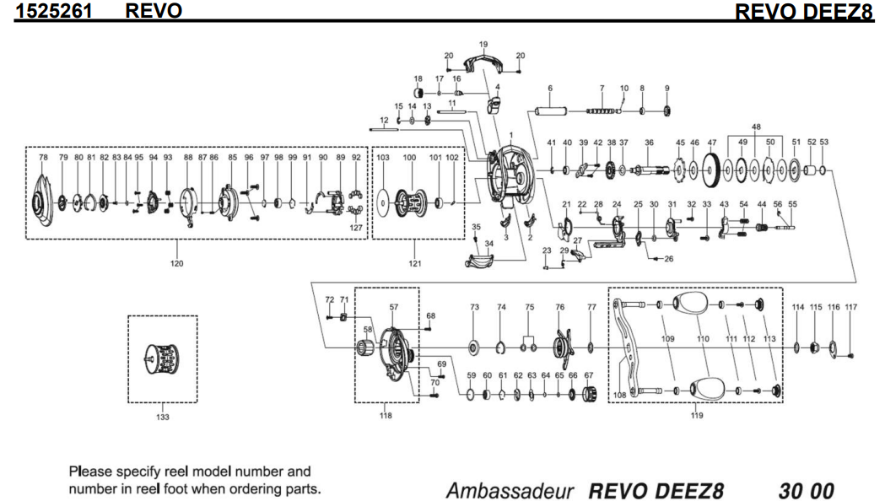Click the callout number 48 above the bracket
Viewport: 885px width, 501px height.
757,127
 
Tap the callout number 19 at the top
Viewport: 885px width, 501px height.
483,44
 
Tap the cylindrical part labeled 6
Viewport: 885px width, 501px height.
551,110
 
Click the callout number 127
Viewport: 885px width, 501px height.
357,227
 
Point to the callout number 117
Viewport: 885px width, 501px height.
850,307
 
